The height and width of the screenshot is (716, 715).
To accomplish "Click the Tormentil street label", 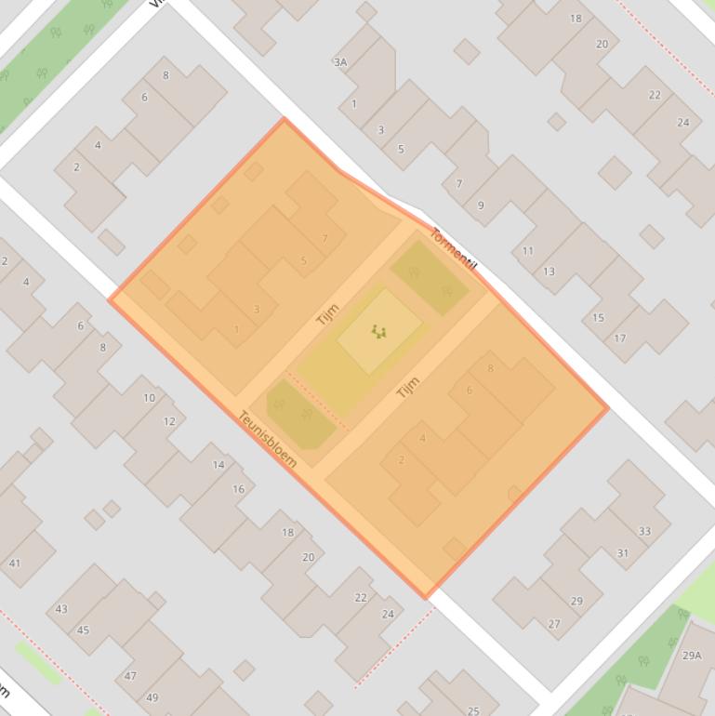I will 454,249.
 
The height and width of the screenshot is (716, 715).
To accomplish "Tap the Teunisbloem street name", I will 268,439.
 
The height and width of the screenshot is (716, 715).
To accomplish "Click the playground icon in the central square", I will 377,330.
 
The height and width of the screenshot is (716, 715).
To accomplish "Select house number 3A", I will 340,62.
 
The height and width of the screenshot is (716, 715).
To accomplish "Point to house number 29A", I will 692,655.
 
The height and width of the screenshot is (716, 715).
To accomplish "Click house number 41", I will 14,563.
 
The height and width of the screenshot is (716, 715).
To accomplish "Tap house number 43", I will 61,609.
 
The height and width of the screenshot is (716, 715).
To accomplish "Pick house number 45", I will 83,630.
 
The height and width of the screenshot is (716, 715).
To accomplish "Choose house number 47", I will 130,676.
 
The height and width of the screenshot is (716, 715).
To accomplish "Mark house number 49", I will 152,697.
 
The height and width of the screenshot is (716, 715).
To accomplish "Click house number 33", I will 644,532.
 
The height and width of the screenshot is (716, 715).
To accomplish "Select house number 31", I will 622,553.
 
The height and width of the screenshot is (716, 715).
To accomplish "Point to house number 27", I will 554,624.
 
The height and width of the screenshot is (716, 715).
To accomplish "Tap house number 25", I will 473,711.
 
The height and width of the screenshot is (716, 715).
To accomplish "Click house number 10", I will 149,398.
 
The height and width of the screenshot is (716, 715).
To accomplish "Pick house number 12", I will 169,421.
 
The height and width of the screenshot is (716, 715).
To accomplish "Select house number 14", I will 218,465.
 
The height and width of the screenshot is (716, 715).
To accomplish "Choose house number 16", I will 239,489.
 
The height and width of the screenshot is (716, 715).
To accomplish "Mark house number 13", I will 549,272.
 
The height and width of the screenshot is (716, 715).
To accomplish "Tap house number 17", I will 620,338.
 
